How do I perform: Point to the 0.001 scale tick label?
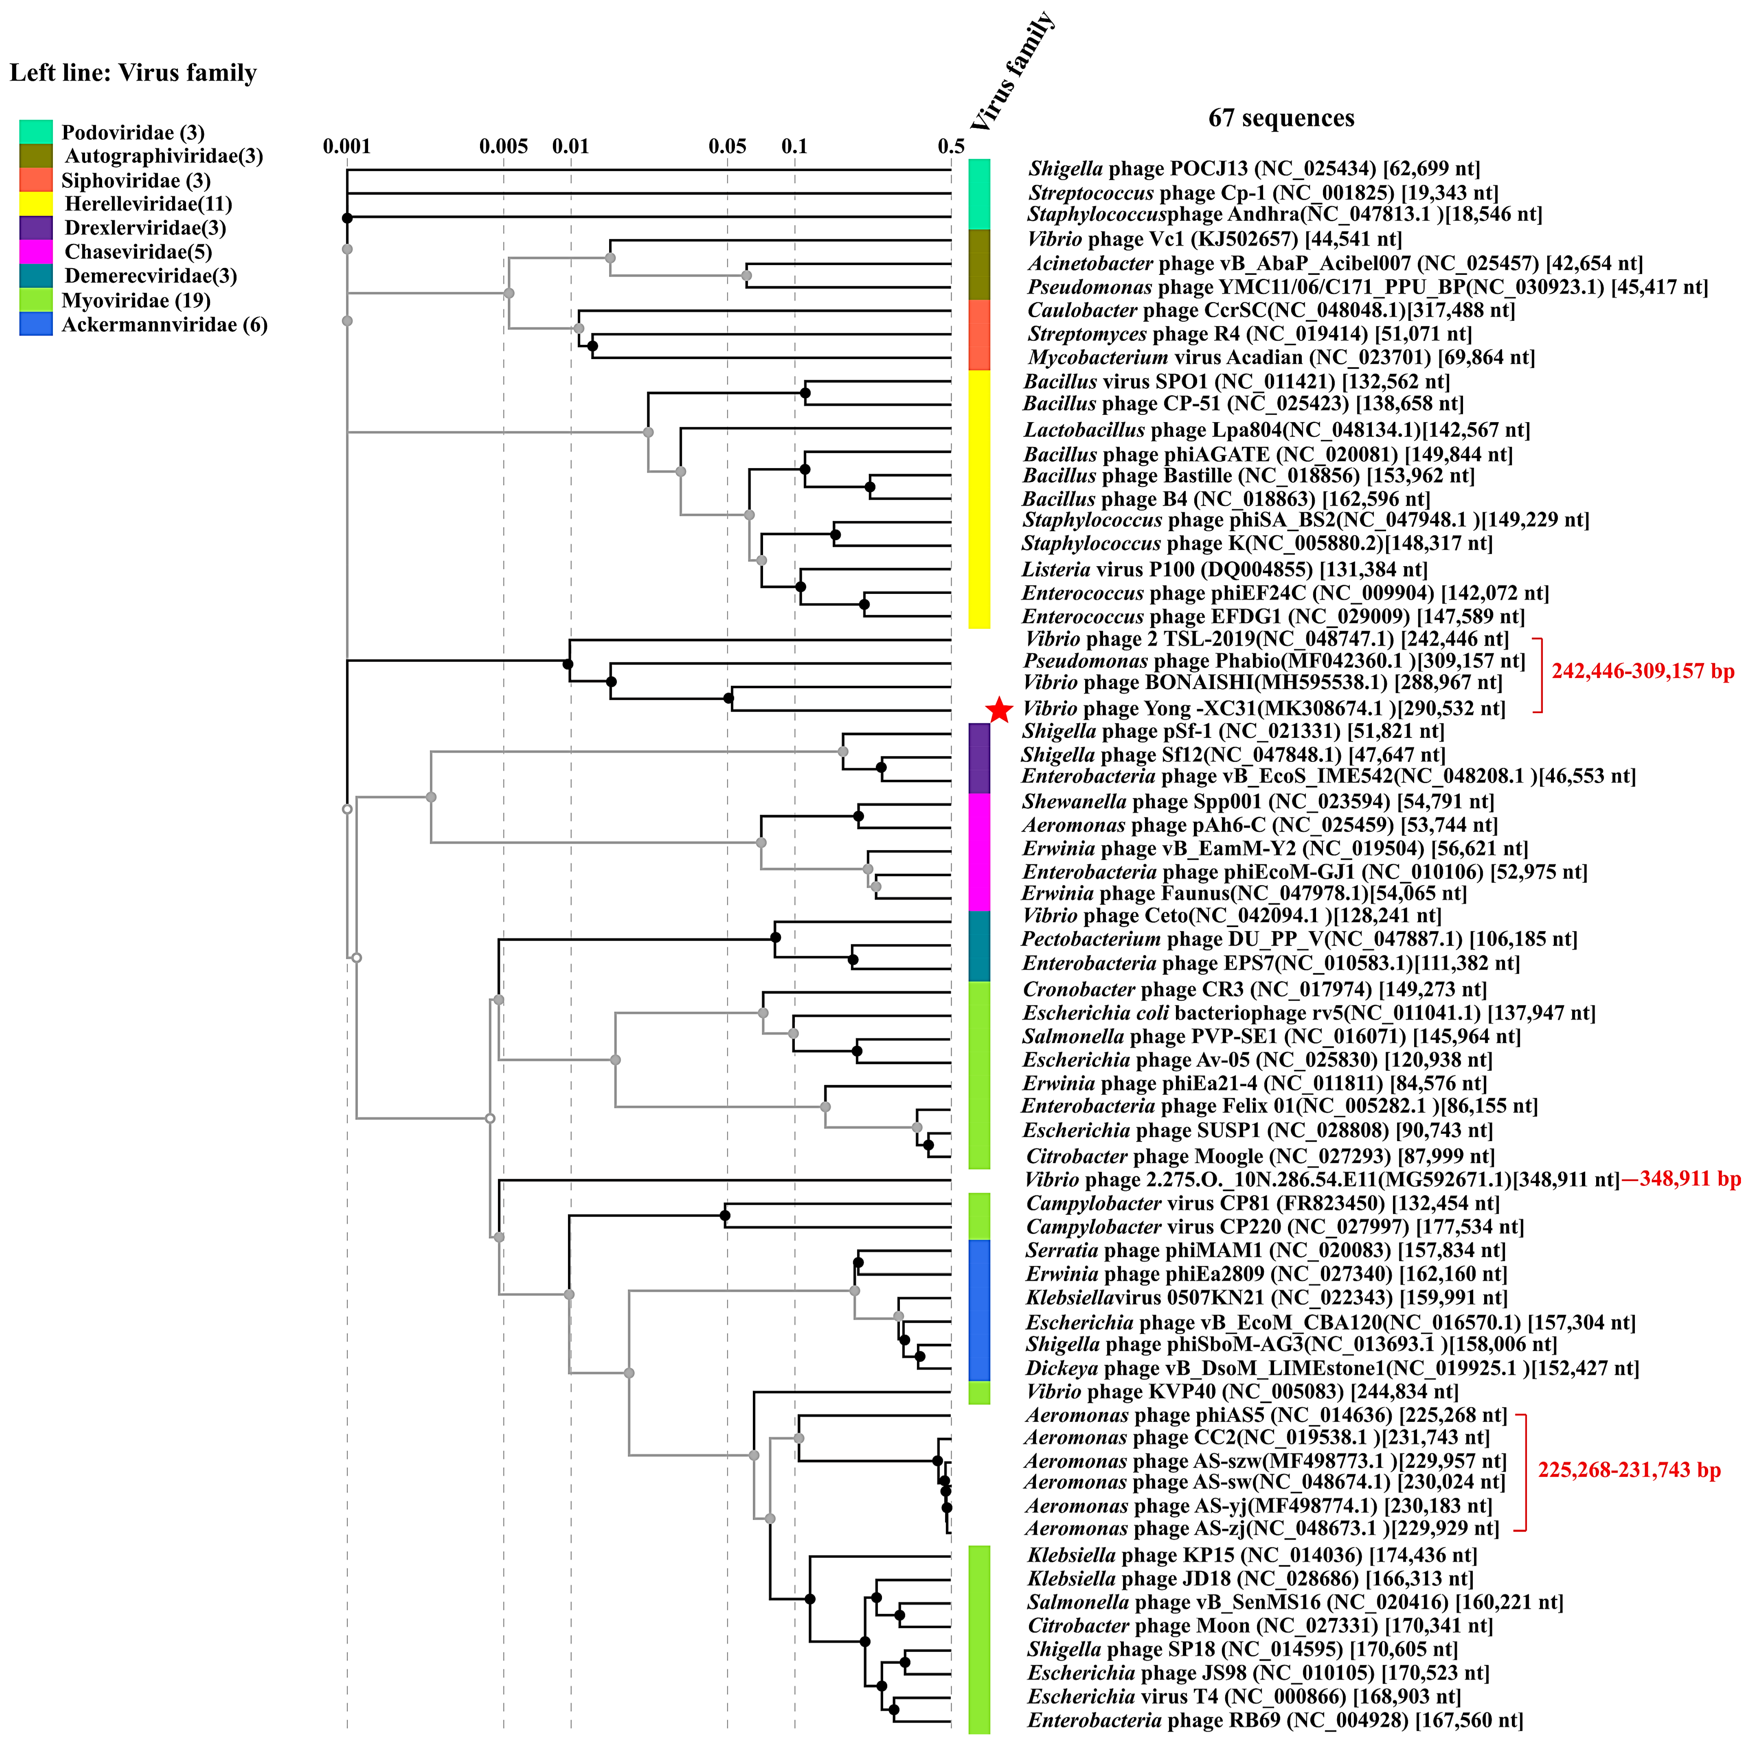tap(347, 146)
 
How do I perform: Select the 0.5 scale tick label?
tap(951, 146)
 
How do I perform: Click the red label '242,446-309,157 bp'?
tap(1642, 671)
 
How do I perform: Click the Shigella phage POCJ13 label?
tap(1254, 169)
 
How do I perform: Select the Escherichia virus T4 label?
tap(1243, 1696)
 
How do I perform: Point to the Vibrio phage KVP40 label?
tap(1241, 1391)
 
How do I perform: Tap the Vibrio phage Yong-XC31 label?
tap(1263, 708)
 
